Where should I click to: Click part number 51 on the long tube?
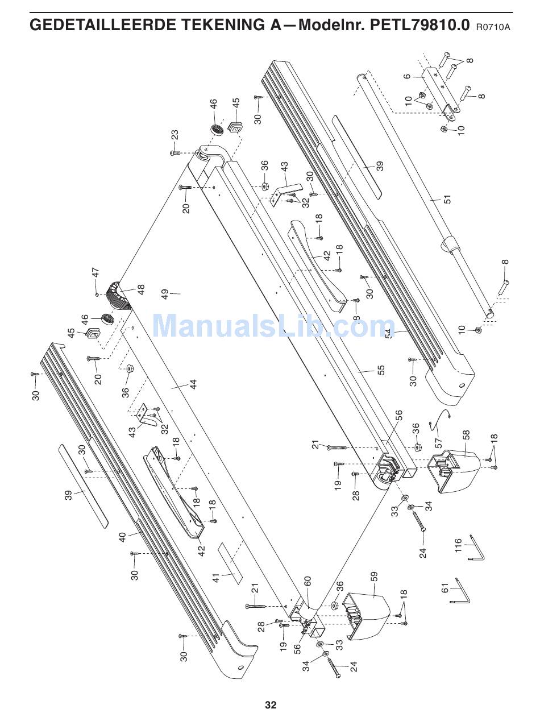(448, 200)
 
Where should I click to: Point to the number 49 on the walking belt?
(165, 294)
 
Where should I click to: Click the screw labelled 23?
(175, 152)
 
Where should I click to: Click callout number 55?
(381, 370)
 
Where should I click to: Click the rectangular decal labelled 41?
(231, 563)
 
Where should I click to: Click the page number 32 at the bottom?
(271, 705)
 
